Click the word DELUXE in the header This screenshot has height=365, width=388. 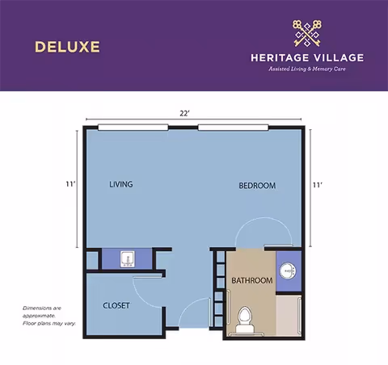67,46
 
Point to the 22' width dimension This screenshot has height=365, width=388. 185,115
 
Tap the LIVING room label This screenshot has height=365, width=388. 120,185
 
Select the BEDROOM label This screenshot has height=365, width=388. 257,186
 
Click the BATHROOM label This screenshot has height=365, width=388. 251,281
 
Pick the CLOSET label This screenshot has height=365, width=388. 116,305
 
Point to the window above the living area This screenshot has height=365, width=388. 135,127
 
